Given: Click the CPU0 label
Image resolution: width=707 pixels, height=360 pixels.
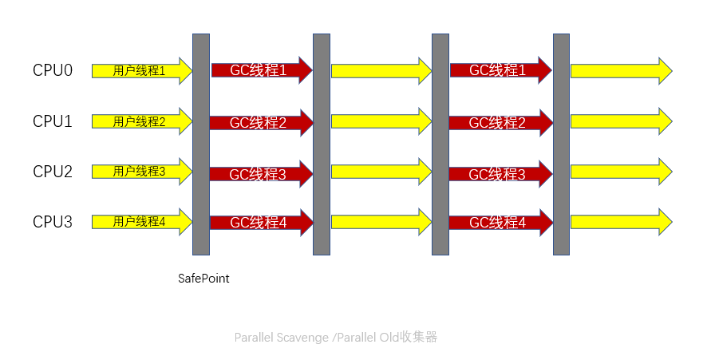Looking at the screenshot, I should click(53, 70).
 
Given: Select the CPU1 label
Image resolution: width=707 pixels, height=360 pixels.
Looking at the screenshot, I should click(53, 121).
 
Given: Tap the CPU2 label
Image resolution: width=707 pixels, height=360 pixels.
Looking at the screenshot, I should click(53, 172).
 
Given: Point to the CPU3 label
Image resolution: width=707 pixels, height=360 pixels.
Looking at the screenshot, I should click(53, 222).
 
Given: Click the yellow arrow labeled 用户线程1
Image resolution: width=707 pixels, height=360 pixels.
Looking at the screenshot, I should click(140, 70).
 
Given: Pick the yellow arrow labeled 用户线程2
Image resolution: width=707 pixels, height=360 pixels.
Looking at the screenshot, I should click(140, 121).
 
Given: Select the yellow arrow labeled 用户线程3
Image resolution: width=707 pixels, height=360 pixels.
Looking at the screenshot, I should click(140, 172).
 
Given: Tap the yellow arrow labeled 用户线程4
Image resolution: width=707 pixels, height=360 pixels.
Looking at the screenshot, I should click(140, 222).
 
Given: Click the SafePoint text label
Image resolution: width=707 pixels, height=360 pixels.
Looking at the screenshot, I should click(203, 279).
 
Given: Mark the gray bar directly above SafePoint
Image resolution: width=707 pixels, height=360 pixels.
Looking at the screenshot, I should click(201, 144).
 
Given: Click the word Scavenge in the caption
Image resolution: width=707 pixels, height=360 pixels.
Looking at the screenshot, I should click(302, 338).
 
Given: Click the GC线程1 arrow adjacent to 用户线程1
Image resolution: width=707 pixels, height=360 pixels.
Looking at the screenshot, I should click(259, 70).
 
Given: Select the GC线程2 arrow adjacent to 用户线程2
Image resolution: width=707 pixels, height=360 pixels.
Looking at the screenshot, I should click(259, 122).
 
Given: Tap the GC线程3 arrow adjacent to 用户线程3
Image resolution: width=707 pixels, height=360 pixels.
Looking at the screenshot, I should click(259, 173).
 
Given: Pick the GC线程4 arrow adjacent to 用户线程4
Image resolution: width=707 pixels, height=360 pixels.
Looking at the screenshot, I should click(259, 223).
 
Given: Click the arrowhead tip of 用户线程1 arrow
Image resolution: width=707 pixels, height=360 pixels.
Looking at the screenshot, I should click(189, 70).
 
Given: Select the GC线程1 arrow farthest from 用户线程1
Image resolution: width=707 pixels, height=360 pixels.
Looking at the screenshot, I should click(498, 70).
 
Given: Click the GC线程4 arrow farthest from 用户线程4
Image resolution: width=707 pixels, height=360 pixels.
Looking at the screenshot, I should click(498, 223).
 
